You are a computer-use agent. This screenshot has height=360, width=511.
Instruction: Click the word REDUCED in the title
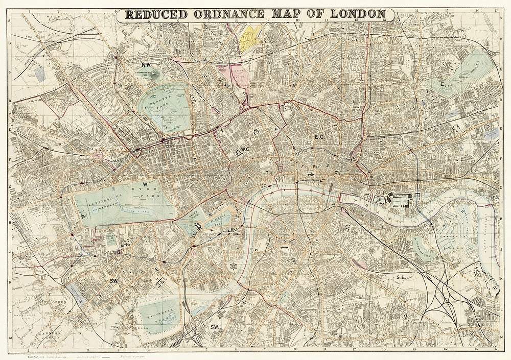pos(156,14)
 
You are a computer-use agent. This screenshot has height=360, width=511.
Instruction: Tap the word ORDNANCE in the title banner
pos(237,14)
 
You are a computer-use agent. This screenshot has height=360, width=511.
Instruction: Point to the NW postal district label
pos(147,65)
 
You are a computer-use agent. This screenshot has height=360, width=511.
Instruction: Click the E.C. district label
pos(320,136)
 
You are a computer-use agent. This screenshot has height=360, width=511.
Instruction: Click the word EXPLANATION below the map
pos(24,352)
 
